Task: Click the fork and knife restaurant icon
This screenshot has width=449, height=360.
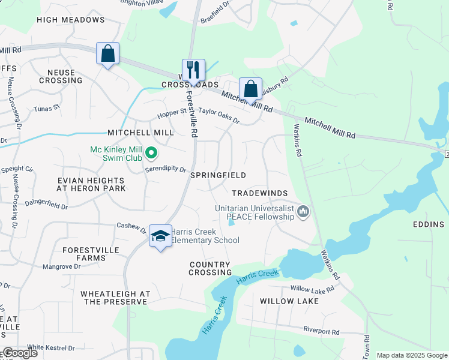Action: [193, 70]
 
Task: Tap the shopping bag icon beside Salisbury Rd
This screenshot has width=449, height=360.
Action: [250, 89]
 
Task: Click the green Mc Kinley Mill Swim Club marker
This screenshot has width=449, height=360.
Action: [151, 154]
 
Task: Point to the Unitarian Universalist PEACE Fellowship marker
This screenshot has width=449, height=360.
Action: [304, 212]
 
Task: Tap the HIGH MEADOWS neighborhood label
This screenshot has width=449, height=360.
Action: [70, 20]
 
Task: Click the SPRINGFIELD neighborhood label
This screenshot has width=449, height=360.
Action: [218, 175]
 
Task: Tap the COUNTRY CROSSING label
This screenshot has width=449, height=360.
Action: [209, 268]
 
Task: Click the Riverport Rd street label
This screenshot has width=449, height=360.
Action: [321, 330]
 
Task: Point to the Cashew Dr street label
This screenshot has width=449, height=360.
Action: [131, 228]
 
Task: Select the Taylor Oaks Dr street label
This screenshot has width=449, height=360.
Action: [219, 115]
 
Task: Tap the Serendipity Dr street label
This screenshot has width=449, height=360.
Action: [166, 169]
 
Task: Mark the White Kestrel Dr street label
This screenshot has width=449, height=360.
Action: [51, 347]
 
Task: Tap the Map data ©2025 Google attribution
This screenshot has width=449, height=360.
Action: [412, 355]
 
